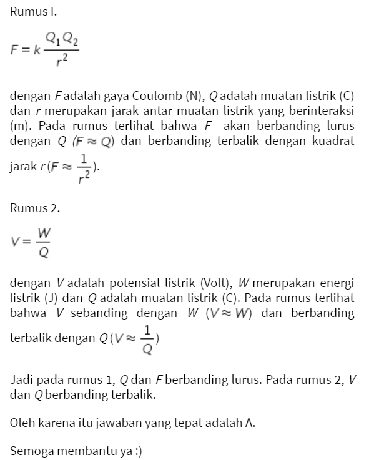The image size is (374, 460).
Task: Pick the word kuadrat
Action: [x=332, y=140]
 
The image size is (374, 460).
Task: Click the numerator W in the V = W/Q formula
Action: [x=44, y=233]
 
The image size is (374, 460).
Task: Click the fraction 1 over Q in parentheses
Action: [x=147, y=338]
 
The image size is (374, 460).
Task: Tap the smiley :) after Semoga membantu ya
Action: [x=137, y=450]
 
